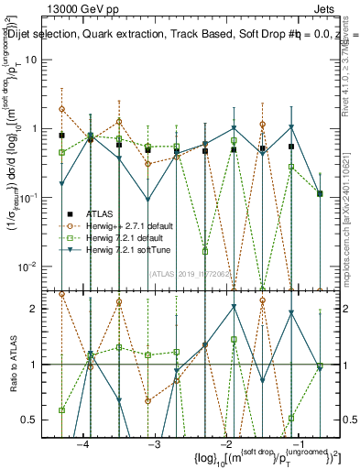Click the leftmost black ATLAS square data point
pos(61,136)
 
